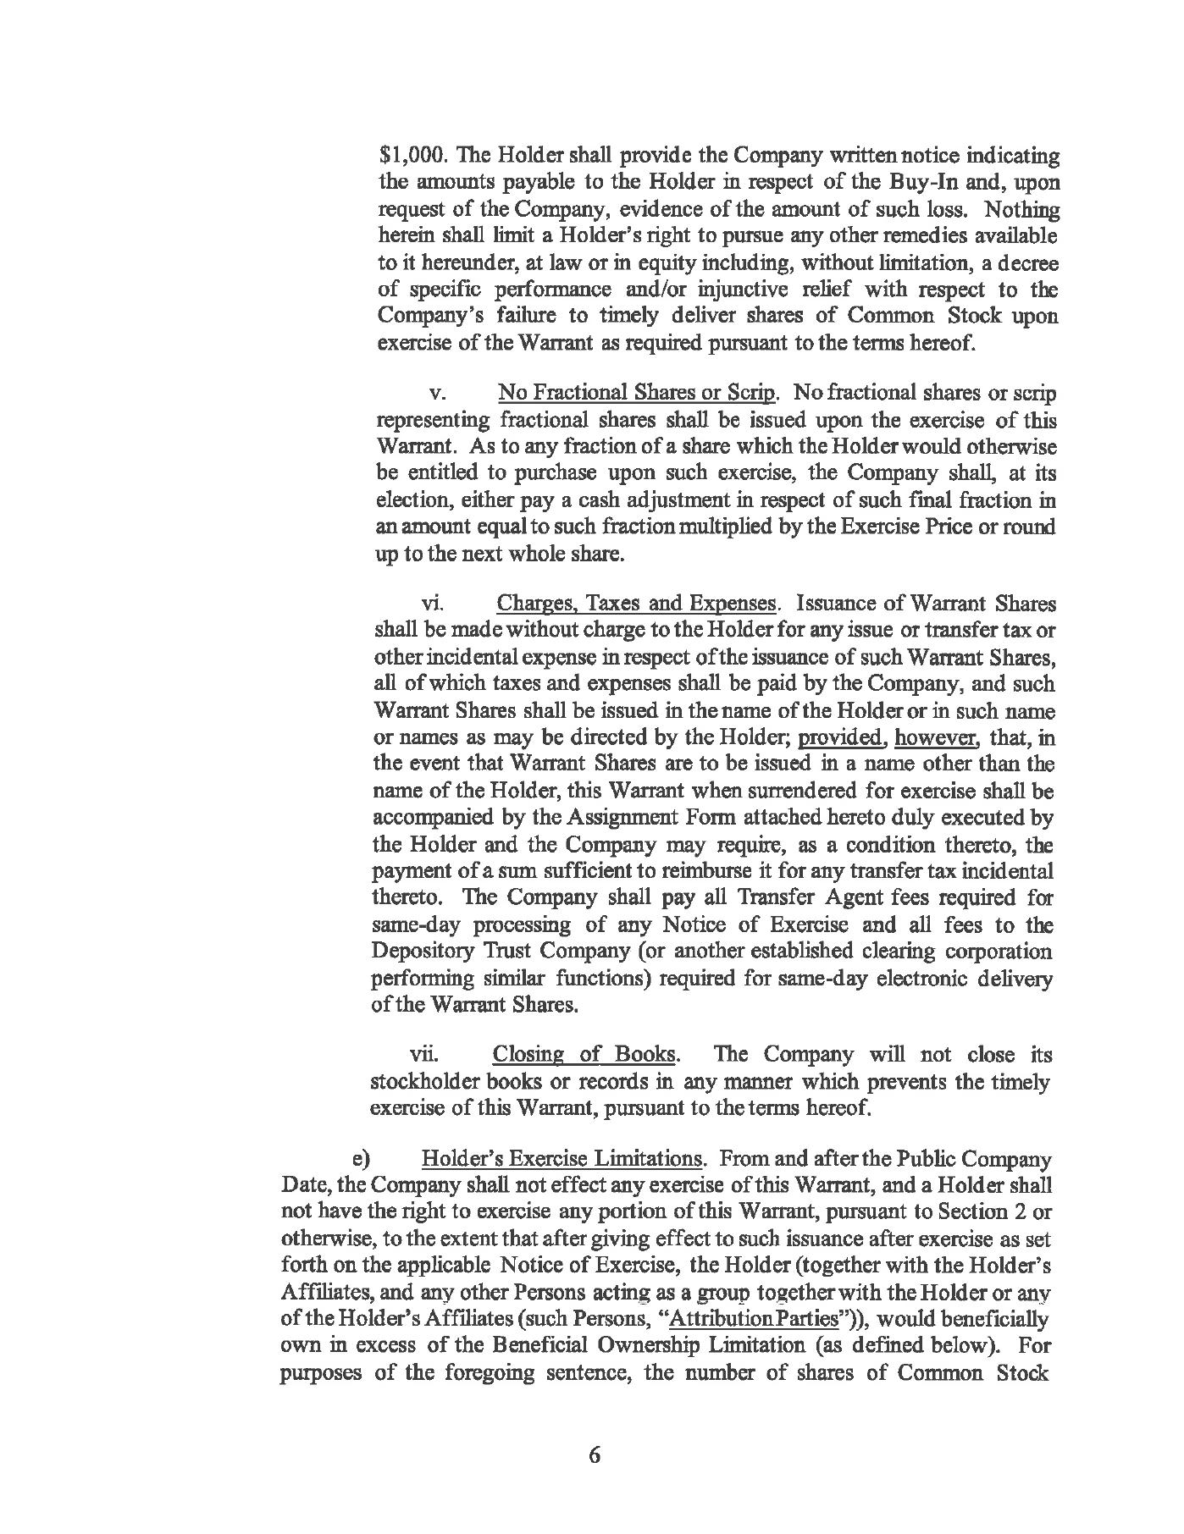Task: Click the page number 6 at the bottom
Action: click(x=593, y=1455)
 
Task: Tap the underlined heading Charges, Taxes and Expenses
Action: click(x=635, y=604)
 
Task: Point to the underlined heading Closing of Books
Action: click(x=584, y=1055)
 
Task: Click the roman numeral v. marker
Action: click(x=437, y=394)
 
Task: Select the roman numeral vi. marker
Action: click(x=433, y=604)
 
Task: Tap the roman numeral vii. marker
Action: click(x=423, y=1055)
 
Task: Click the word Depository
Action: click(x=417, y=952)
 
